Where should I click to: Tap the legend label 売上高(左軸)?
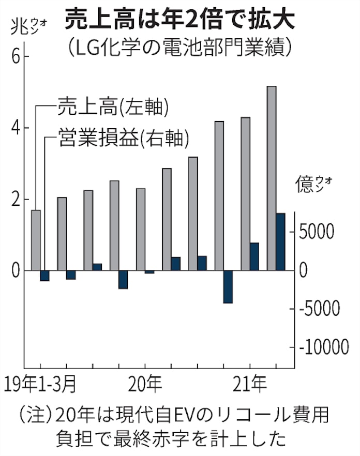tap(113, 107)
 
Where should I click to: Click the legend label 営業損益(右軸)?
tap(123, 138)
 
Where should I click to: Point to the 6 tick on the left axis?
tap(15, 57)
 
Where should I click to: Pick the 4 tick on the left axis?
tap(15, 128)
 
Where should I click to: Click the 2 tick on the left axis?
tap(15, 200)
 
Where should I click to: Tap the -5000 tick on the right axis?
tap(322, 309)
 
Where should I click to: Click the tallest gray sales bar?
tap(271, 178)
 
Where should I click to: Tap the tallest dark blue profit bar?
tap(280, 241)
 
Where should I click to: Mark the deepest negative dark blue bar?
tap(228, 286)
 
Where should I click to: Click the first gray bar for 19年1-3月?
tap(36, 240)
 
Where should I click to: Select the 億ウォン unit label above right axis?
tap(313, 184)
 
